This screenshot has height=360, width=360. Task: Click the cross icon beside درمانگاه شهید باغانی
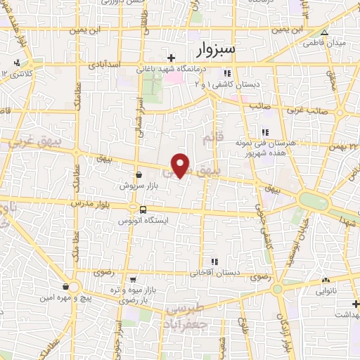[x=171, y=57]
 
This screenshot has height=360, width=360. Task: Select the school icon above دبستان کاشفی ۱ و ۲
[x=226, y=73]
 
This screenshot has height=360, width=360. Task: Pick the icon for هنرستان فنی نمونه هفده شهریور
[x=265, y=132]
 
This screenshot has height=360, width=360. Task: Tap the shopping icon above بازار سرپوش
[x=139, y=176]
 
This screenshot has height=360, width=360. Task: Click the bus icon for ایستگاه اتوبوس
[x=143, y=210]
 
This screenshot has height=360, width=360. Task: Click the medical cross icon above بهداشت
[x=356, y=304]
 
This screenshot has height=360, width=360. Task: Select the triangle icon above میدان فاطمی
[x=324, y=32]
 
